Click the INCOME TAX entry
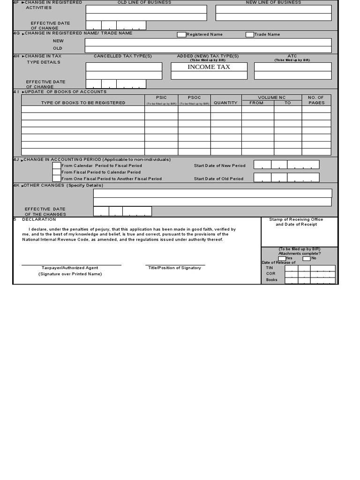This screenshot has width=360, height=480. pyautogui.click(x=209, y=67)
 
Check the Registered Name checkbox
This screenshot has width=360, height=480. pyautogui.click(x=181, y=35)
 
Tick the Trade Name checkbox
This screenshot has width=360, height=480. pyautogui.click(x=250, y=35)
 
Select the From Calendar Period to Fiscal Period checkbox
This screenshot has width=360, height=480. pyautogui.click(x=56, y=165)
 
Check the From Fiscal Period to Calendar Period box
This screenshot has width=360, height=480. pyautogui.click(x=56, y=172)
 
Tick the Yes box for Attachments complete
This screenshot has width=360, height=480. pyautogui.click(x=281, y=258)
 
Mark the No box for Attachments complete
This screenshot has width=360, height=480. pyautogui.click(x=306, y=258)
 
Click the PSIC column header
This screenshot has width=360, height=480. pyautogui.click(x=161, y=97)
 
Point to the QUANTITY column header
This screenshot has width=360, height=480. pyautogui.click(x=225, y=103)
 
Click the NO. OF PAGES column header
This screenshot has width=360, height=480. pyautogui.click(x=316, y=100)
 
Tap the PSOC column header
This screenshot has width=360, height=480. pyautogui.click(x=194, y=97)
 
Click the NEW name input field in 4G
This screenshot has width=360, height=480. pyautogui.click(x=208, y=42)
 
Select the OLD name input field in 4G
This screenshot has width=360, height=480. pyautogui.click(x=208, y=49)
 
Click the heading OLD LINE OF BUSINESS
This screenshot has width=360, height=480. pyautogui.click(x=144, y=2)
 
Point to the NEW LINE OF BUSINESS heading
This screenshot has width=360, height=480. pyautogui.click(x=273, y=2)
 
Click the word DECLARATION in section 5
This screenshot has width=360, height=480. pyautogui.click(x=39, y=219)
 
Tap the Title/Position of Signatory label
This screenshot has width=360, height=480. pyautogui.click(x=174, y=268)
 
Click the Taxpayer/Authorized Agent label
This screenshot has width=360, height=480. pyautogui.click(x=69, y=268)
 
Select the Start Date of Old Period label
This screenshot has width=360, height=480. pyautogui.click(x=218, y=179)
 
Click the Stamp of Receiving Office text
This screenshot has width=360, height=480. pyautogui.click(x=296, y=219)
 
